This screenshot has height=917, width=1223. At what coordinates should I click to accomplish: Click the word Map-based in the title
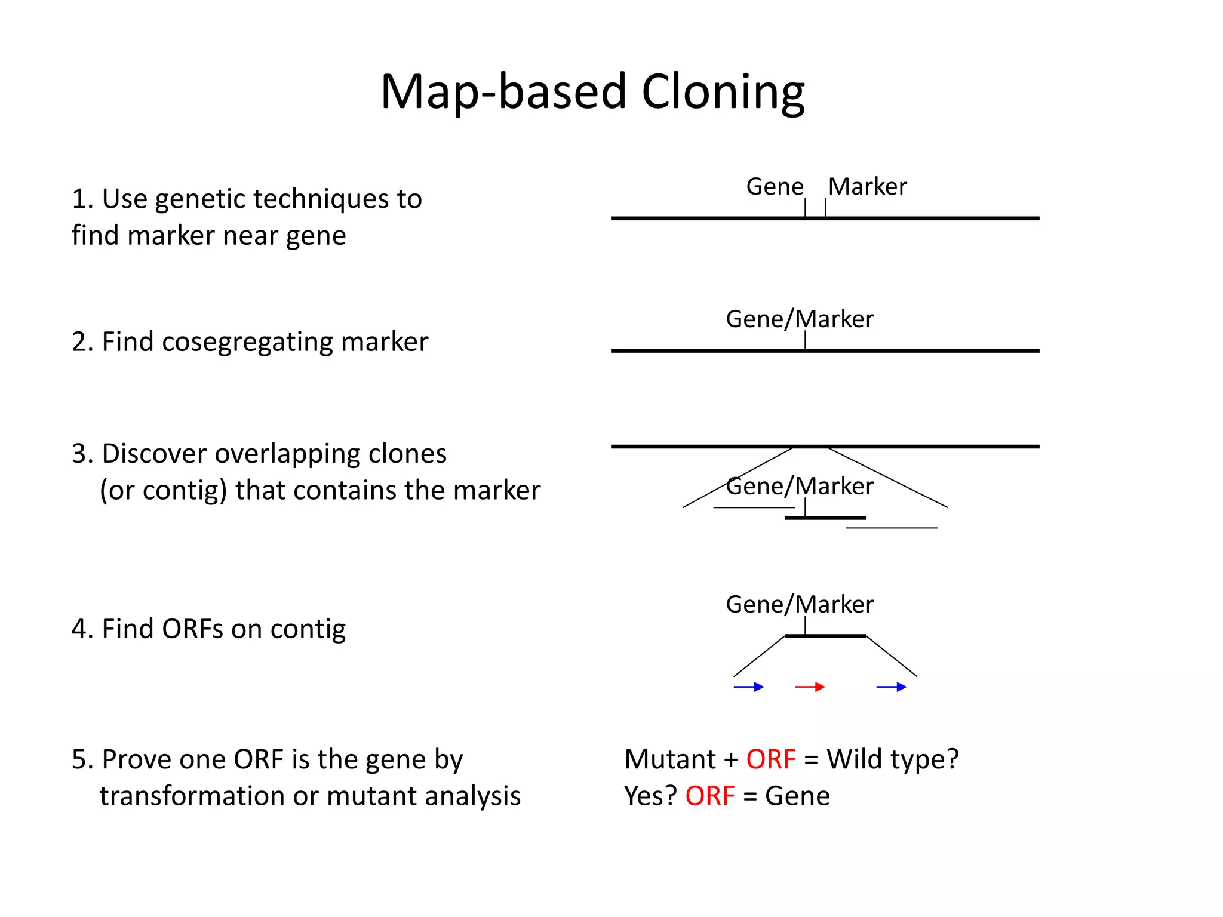(503, 93)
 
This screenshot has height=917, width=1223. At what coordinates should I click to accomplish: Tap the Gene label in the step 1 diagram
(775, 187)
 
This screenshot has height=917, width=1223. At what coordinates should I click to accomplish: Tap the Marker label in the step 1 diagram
(867, 187)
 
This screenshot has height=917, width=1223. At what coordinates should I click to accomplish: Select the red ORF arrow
(810, 687)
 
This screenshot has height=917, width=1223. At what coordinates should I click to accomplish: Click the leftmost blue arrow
(748, 687)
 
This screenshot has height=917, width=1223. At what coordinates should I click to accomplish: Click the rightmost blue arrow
(891, 687)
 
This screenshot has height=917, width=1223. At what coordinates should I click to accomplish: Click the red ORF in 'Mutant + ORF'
(770, 760)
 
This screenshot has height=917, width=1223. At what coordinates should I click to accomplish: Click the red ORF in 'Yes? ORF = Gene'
(709, 796)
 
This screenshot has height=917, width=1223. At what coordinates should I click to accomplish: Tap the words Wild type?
(892, 760)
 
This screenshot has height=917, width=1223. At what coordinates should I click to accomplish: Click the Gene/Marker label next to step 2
(799, 319)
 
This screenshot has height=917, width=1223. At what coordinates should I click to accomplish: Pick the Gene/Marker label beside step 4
(799, 605)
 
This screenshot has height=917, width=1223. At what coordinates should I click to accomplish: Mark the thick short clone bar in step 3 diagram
(825, 518)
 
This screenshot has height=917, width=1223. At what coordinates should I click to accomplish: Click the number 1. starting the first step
(82, 199)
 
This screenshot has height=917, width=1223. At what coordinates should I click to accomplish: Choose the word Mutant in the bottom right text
(669, 760)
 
